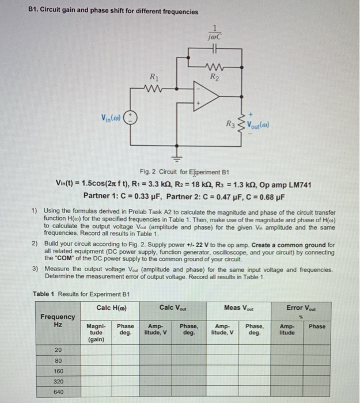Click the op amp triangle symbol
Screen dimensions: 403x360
point(202,94)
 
